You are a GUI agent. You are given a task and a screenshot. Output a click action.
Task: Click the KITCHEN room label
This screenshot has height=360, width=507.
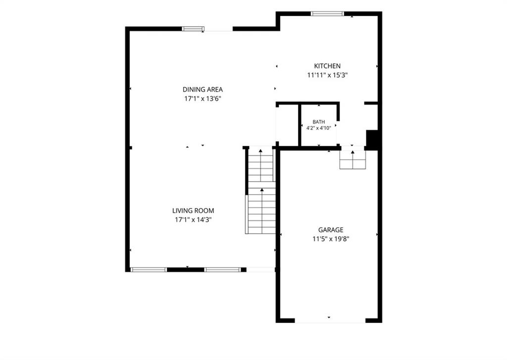pyautogui.click(x=327, y=66)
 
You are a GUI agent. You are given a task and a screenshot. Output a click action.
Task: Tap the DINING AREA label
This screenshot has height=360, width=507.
pyautogui.click(x=203, y=90)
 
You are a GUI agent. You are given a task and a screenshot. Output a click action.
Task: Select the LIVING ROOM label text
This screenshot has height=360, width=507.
pyautogui.click(x=193, y=210)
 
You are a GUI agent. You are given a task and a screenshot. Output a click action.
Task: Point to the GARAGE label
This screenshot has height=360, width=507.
pyautogui.click(x=331, y=230)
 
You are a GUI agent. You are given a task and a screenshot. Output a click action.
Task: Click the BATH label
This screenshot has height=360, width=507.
pyautogui.click(x=319, y=122)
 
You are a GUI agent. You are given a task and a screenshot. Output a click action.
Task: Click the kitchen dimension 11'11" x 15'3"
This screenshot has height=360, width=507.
pyautogui.click(x=327, y=75)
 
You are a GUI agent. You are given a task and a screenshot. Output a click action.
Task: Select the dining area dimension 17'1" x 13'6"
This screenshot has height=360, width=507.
pyautogui.click(x=203, y=99)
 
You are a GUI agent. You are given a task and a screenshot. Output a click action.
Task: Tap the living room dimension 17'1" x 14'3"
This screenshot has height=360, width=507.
pyautogui.click(x=193, y=220)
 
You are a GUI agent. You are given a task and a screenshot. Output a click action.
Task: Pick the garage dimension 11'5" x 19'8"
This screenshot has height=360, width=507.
pyautogui.click(x=331, y=239)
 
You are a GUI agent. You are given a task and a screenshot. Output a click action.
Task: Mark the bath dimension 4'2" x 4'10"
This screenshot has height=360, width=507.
pyautogui.click(x=319, y=128)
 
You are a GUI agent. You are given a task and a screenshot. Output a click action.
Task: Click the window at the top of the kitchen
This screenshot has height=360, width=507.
pyautogui.click(x=327, y=13)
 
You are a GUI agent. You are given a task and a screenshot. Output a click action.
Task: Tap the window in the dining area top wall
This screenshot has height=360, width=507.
pyautogui.click(x=193, y=29)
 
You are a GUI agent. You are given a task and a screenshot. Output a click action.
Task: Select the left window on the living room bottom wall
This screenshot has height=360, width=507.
pyautogui.click(x=149, y=270)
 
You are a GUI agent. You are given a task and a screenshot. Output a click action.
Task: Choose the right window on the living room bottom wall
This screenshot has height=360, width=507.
pyautogui.click(x=223, y=270)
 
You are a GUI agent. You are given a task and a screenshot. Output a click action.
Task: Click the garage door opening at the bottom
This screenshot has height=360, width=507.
pyautogui.click(x=330, y=320)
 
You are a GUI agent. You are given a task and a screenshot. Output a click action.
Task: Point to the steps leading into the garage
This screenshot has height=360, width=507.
pyautogui.click(x=353, y=160)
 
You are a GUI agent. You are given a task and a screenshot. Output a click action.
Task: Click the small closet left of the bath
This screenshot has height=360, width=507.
pyautogui.click(x=287, y=125)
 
